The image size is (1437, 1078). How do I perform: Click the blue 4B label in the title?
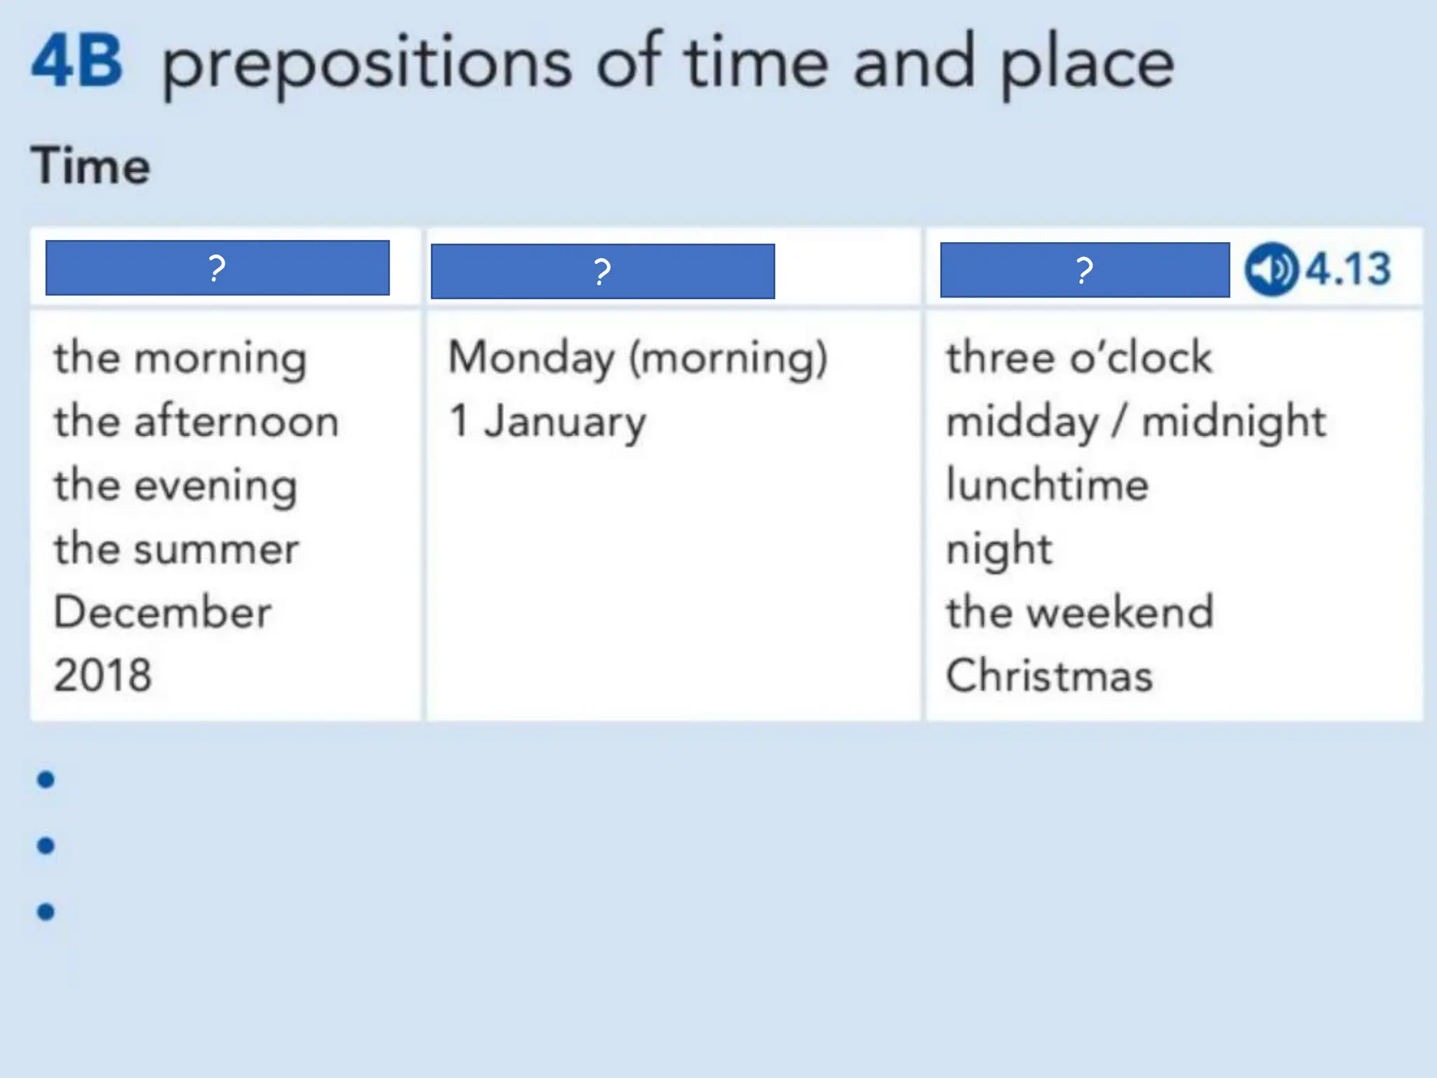click(x=77, y=63)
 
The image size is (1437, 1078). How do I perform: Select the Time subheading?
click(x=91, y=166)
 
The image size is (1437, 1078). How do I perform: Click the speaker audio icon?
click(x=1271, y=269)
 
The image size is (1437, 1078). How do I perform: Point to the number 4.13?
click(x=1348, y=269)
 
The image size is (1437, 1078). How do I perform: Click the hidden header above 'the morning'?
click(x=218, y=268)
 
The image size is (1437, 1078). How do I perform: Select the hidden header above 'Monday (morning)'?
click(x=603, y=271)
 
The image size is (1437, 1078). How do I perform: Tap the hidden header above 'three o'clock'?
click(x=1085, y=270)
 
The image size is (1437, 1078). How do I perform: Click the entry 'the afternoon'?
click(x=196, y=422)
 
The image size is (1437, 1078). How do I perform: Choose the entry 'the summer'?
click(x=177, y=549)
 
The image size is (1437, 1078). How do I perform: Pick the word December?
click(x=162, y=612)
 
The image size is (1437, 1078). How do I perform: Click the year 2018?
click(x=102, y=675)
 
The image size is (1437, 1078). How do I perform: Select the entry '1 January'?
click(x=547, y=422)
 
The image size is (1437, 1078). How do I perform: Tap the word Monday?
click(x=531, y=358)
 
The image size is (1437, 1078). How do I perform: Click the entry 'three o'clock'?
click(x=1078, y=358)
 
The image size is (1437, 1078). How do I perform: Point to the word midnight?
click(x=1234, y=422)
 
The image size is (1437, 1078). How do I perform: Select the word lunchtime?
click(x=1047, y=485)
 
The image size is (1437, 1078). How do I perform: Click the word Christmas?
click(x=1049, y=676)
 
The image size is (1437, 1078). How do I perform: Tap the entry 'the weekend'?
click(x=1079, y=612)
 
